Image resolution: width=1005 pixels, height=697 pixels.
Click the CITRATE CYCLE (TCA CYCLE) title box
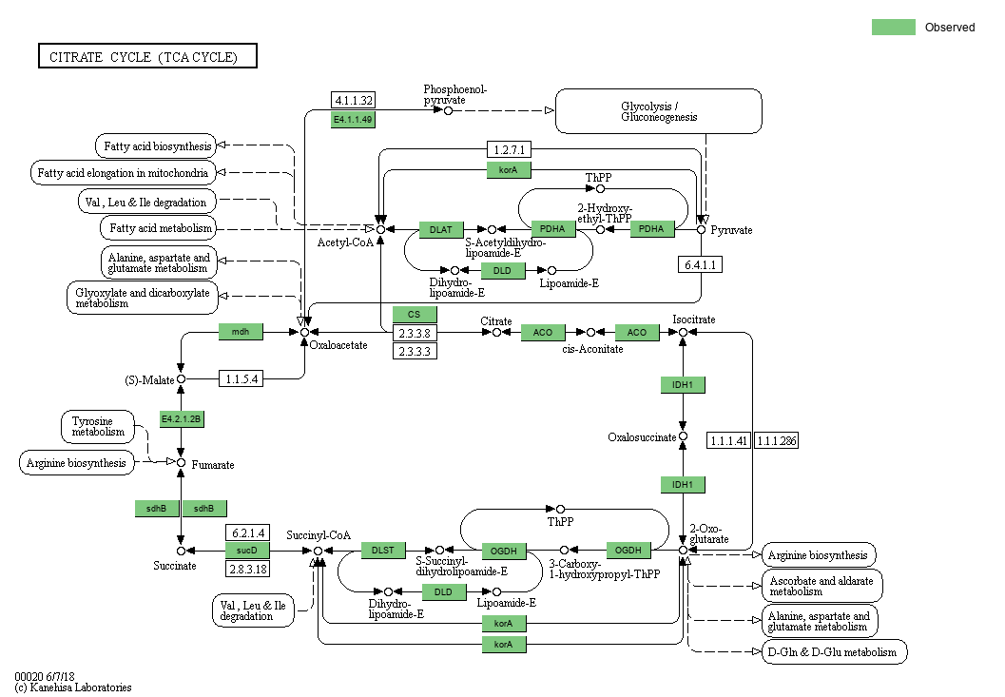tap(147, 57)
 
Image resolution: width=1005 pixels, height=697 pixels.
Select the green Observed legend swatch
tap(893, 28)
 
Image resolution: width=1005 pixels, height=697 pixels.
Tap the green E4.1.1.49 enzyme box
tap(353, 120)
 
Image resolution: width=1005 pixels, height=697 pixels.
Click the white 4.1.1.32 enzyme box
tap(353, 100)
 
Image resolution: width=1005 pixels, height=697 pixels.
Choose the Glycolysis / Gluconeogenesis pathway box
tap(659, 111)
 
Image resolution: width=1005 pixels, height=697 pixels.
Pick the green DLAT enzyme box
tap(441, 229)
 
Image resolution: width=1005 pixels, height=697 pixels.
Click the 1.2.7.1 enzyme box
tap(511, 149)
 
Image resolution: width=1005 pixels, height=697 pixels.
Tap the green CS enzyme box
tap(415, 315)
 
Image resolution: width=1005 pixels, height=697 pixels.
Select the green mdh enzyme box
tap(240, 332)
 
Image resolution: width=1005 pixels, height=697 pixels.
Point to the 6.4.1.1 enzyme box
tap(700, 264)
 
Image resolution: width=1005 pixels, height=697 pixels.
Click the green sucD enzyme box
tap(247, 551)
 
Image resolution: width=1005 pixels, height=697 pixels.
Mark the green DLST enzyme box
tap(383, 550)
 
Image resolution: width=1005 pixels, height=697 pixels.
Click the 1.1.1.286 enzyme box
tap(778, 441)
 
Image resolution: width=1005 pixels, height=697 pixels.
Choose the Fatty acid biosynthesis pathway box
tap(155, 145)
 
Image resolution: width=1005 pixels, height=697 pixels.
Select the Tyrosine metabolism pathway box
tap(98, 426)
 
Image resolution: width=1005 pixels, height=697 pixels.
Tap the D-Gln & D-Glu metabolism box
tap(834, 652)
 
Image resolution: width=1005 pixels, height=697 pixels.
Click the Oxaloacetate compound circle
tap(304, 332)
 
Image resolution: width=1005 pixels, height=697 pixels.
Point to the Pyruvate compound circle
tap(701, 229)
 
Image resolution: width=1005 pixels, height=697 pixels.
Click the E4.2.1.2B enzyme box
tap(181, 419)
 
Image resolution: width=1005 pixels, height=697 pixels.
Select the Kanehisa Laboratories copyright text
tap(73, 687)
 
